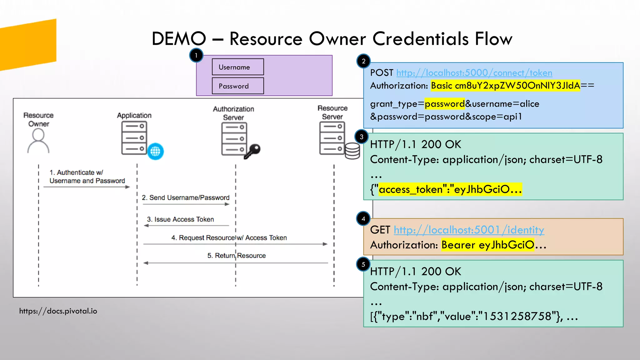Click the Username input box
tap(237, 67)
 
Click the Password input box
tap(237, 86)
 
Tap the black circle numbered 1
tap(196, 56)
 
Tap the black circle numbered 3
tap(362, 137)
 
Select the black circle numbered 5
tap(363, 264)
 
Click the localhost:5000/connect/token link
tap(474, 73)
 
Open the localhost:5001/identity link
tap(469, 230)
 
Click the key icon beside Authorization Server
tap(252, 151)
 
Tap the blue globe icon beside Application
tap(155, 152)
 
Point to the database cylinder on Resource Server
tap(352, 151)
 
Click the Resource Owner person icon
tap(38, 141)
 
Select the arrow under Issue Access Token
tap(186, 225)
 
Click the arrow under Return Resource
tap(236, 263)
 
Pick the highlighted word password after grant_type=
tap(445, 104)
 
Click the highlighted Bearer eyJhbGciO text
tap(487, 245)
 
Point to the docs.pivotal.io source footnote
tap(58, 311)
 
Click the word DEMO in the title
tap(179, 39)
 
